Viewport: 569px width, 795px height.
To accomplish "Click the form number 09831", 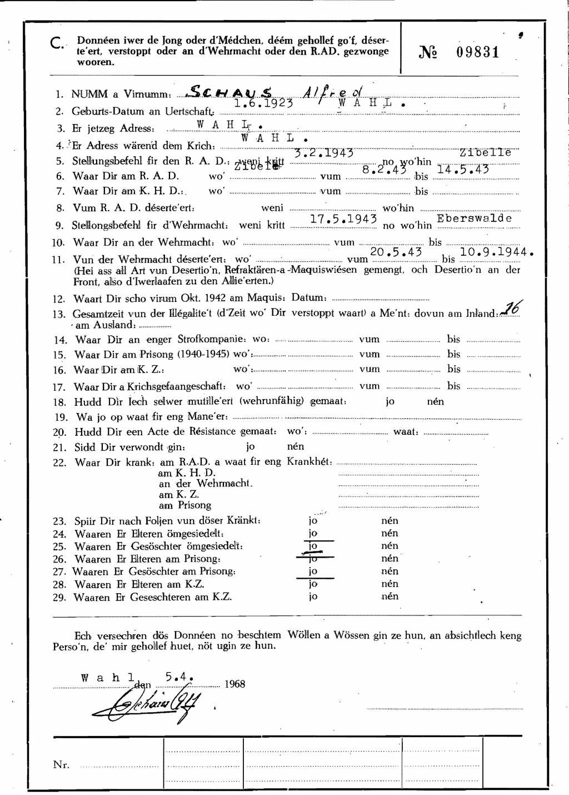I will point(478,52).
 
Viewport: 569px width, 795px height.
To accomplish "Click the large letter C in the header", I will point(57,44).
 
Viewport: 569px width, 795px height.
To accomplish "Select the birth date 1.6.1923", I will point(263,103).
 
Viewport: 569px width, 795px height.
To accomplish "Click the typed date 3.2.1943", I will point(324,153).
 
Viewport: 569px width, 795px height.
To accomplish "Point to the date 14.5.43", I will point(463,169).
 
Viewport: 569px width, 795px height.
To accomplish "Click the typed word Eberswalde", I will point(474,218).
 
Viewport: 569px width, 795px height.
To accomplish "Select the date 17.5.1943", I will point(343,219).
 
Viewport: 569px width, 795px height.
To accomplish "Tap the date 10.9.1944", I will point(497,251).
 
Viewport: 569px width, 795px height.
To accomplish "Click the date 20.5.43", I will point(396,252).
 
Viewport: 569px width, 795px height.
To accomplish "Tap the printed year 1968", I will point(234,684).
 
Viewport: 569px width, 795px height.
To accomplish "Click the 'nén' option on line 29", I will point(390,596).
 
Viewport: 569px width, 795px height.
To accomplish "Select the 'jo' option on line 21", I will point(251,446).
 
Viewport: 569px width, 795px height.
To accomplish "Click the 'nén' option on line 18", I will point(435,401).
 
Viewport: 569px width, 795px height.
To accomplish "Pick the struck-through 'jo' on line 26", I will point(313,558).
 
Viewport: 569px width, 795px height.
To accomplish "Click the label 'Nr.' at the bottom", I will point(61,764).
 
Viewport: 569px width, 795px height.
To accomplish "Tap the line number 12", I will point(59,299).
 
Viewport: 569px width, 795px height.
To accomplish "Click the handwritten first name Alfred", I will point(332,93).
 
